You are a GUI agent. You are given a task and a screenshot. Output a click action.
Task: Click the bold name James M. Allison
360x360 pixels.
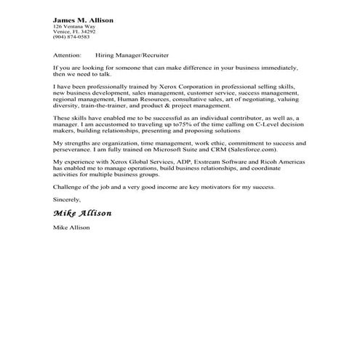tap(83, 20)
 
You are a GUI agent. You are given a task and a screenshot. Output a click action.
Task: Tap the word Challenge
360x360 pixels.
tap(68, 187)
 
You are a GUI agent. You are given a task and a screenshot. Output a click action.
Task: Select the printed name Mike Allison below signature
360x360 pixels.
tap(71, 228)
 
